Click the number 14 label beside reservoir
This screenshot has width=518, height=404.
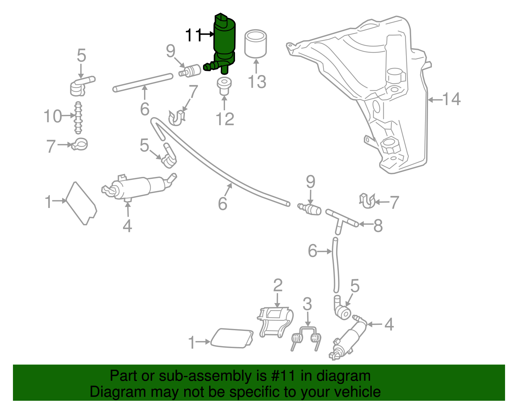451,99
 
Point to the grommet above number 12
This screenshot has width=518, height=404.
224,85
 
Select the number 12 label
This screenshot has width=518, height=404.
225,119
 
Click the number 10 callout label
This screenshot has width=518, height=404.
53,116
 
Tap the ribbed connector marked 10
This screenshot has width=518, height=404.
78,118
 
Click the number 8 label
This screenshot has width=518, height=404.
378,226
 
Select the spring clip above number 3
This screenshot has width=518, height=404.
307,338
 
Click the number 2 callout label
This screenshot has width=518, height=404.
278,286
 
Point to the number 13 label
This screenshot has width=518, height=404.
257,82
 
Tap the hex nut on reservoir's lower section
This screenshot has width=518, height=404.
390,145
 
